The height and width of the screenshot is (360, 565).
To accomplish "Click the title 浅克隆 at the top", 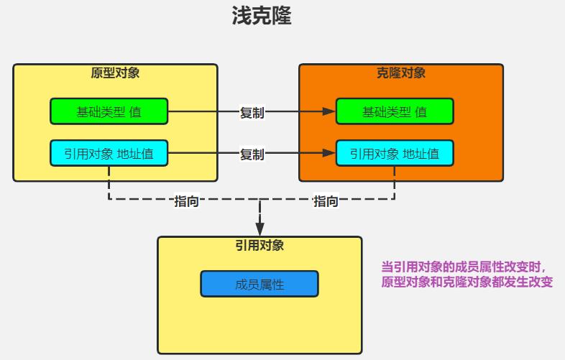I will tap(261, 17).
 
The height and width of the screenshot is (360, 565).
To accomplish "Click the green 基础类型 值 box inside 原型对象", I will tap(109, 111).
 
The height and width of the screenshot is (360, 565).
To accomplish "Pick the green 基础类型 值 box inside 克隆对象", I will tap(395, 111).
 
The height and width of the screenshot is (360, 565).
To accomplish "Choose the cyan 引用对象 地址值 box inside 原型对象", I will tap(109, 153).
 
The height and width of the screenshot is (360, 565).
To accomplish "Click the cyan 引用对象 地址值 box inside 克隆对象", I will tap(395, 153).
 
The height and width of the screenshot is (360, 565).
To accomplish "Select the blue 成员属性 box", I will tap(259, 284).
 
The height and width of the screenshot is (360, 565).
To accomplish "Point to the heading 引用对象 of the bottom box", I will tap(259, 245).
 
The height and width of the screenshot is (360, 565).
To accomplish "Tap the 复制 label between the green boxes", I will tap(252, 112).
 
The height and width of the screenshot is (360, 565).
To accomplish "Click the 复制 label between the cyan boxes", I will tap(252, 154).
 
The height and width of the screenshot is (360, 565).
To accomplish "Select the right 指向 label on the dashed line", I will tap(326, 201).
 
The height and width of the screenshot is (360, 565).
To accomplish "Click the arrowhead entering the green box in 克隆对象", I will tap(330, 111).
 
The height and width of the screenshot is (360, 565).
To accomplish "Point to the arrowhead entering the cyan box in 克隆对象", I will tap(330, 153).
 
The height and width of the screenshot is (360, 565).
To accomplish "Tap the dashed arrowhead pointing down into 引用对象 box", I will tap(259, 229).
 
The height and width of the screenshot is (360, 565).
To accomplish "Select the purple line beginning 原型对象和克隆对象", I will tap(467, 282).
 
